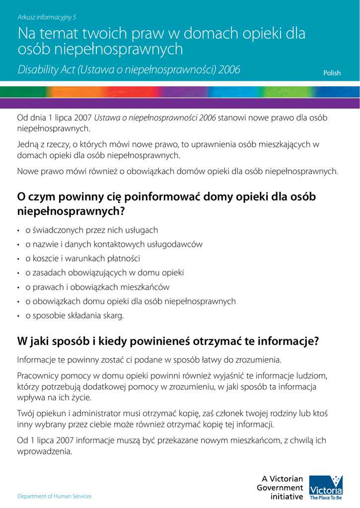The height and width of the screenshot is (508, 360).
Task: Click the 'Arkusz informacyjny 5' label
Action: [47, 17]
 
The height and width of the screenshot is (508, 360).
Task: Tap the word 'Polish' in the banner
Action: [332, 73]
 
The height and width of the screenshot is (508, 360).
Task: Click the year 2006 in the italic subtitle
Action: [229, 70]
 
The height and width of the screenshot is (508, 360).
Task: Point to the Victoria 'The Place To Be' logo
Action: [326, 487]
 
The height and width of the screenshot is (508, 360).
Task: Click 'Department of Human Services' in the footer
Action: [55, 496]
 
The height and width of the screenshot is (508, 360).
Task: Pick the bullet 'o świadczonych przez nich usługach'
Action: [91, 230]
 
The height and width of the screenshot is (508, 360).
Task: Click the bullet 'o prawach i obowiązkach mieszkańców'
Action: [97, 287]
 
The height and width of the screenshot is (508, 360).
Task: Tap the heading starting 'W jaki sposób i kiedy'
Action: [167, 342]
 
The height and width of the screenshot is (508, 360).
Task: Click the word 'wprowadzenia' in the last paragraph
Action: [44, 451]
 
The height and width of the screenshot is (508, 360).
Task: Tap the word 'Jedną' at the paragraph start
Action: [27, 144]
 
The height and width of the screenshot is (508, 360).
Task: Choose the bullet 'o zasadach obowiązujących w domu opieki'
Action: [104, 273]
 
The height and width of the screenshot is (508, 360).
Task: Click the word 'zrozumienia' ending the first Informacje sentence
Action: [259, 359]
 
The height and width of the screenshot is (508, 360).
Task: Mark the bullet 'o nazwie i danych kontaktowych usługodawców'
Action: [114, 244]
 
